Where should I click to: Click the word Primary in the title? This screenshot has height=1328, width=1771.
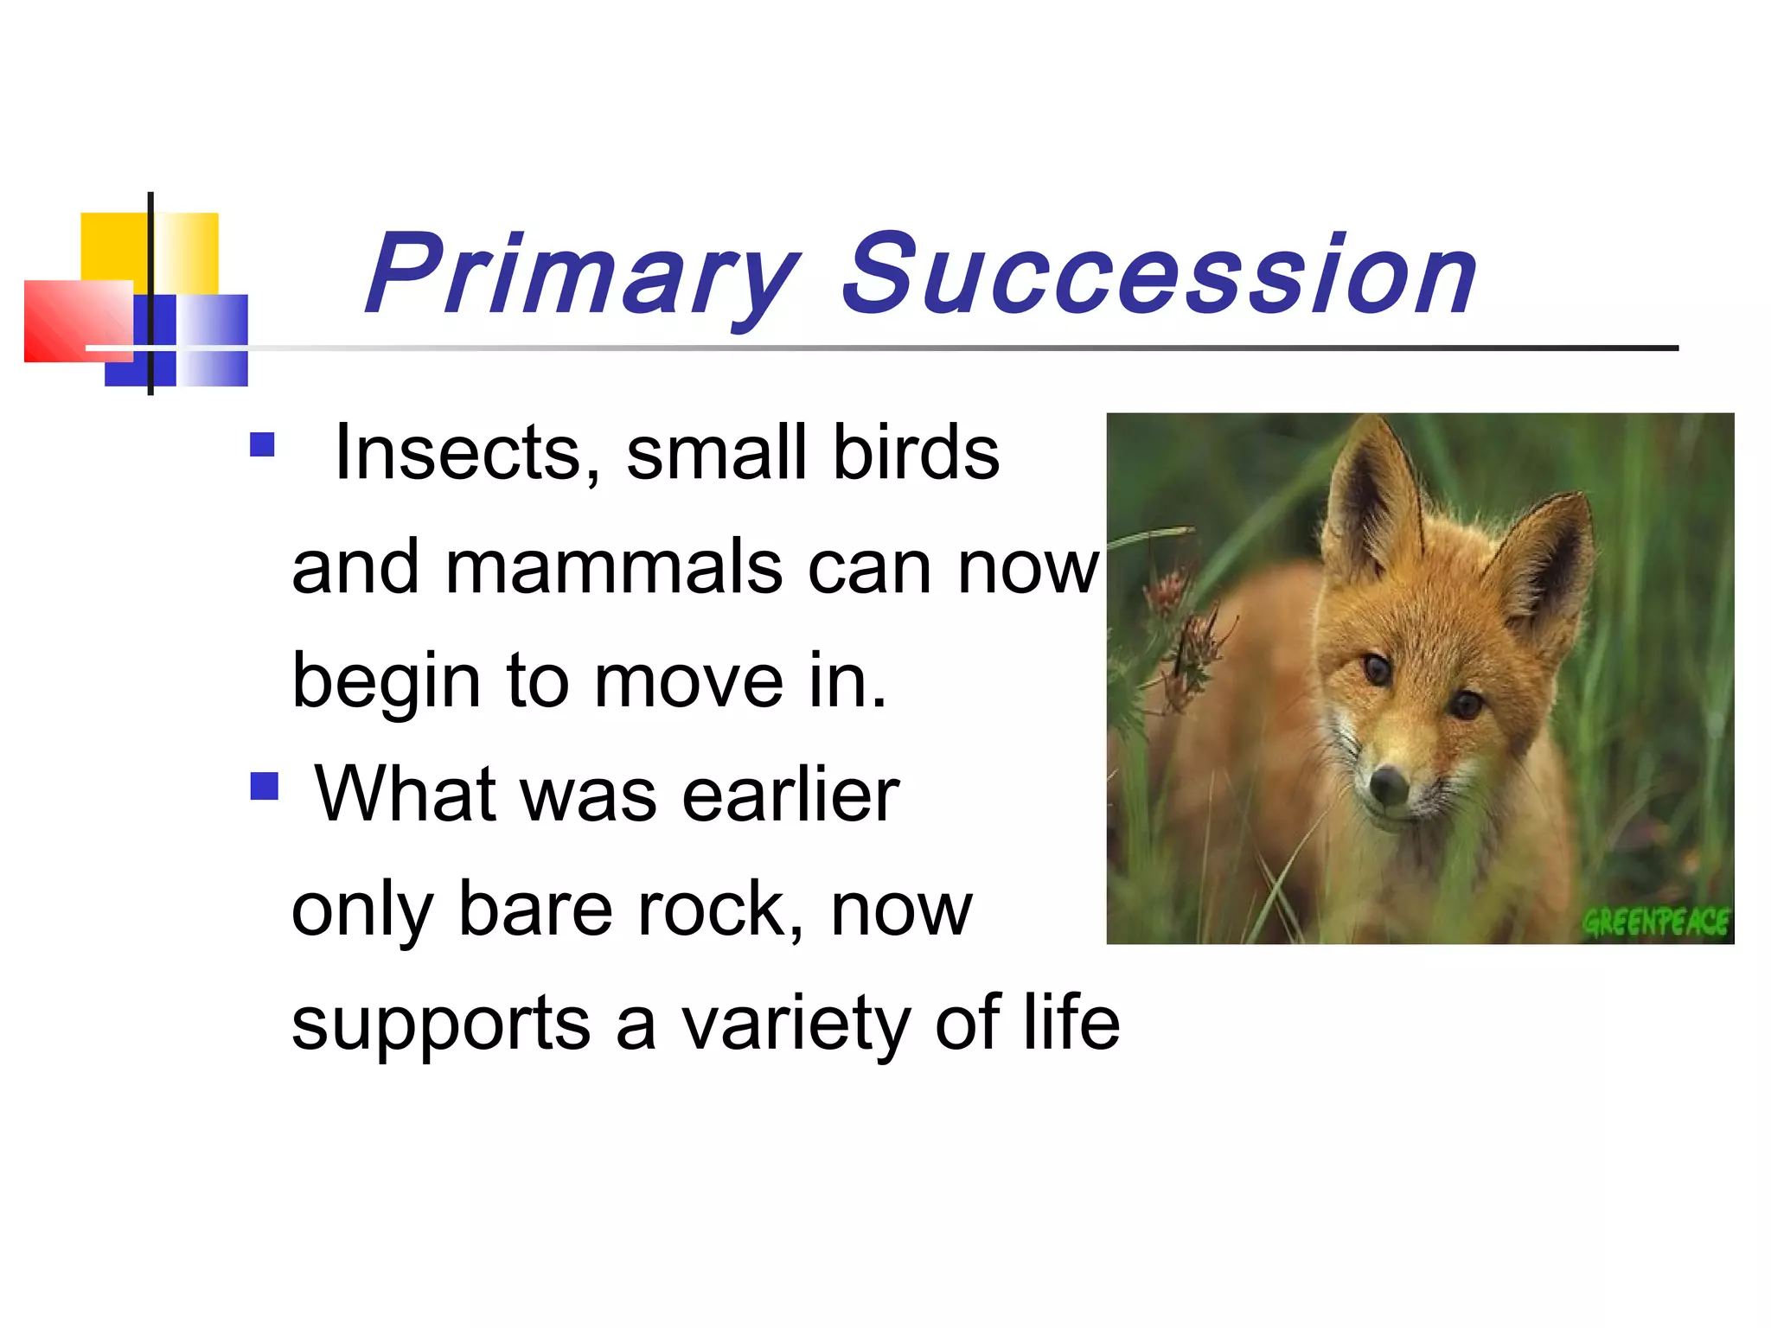click(581, 277)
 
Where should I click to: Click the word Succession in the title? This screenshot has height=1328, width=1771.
click(1159, 277)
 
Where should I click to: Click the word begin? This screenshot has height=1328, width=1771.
click(386, 683)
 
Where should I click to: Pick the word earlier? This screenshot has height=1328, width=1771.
click(790, 795)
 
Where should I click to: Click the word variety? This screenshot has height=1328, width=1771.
click(796, 1025)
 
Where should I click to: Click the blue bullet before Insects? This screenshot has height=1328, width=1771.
click(262, 444)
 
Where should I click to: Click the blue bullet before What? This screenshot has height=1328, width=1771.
click(264, 786)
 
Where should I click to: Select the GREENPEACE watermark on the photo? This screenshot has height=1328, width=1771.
click(1656, 923)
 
